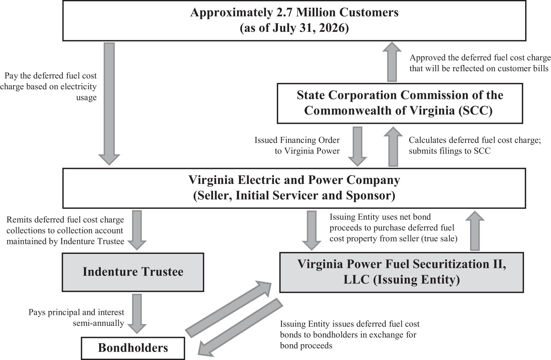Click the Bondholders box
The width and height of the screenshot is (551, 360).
tap(133, 348)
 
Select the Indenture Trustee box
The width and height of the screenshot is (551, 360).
tap(133, 272)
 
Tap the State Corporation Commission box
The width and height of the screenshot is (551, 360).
tap(400, 103)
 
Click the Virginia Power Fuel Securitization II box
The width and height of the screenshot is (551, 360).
tap(401, 272)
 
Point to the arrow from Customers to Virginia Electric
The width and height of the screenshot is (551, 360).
tap(109, 104)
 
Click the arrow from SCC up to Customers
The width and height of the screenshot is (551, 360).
tap(392, 62)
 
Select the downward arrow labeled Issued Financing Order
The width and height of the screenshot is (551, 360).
tap(357, 146)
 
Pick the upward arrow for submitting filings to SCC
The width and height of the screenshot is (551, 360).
tap(393, 146)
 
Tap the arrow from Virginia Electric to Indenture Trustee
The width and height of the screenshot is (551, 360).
tap(137, 230)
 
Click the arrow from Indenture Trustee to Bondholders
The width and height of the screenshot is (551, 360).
tap(137, 314)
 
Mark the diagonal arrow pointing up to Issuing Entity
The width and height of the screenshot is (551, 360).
tap(228, 309)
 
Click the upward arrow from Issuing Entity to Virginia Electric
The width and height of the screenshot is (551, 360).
tap(474, 231)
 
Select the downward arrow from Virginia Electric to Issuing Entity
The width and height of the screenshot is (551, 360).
tap(311, 231)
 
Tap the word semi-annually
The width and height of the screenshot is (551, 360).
tap(98, 323)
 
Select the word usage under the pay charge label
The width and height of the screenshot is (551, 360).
tap(86, 97)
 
